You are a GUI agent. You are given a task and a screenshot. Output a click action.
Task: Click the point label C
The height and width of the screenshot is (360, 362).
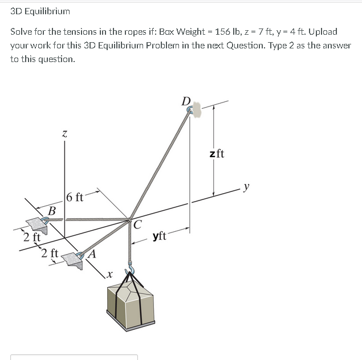[138, 224]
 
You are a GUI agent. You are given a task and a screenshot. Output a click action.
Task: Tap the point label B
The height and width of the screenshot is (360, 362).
[52, 211]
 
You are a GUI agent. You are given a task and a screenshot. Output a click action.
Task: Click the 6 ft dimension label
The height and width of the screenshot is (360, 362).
[75, 198]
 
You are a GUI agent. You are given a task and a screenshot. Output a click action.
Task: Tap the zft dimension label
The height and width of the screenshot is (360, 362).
[217, 153]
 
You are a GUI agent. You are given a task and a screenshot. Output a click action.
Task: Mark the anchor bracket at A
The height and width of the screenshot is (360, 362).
[73, 259]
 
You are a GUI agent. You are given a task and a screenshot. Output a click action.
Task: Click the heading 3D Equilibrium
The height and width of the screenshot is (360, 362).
[40, 11]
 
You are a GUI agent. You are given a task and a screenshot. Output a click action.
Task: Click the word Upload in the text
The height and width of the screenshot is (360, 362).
[322, 32]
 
